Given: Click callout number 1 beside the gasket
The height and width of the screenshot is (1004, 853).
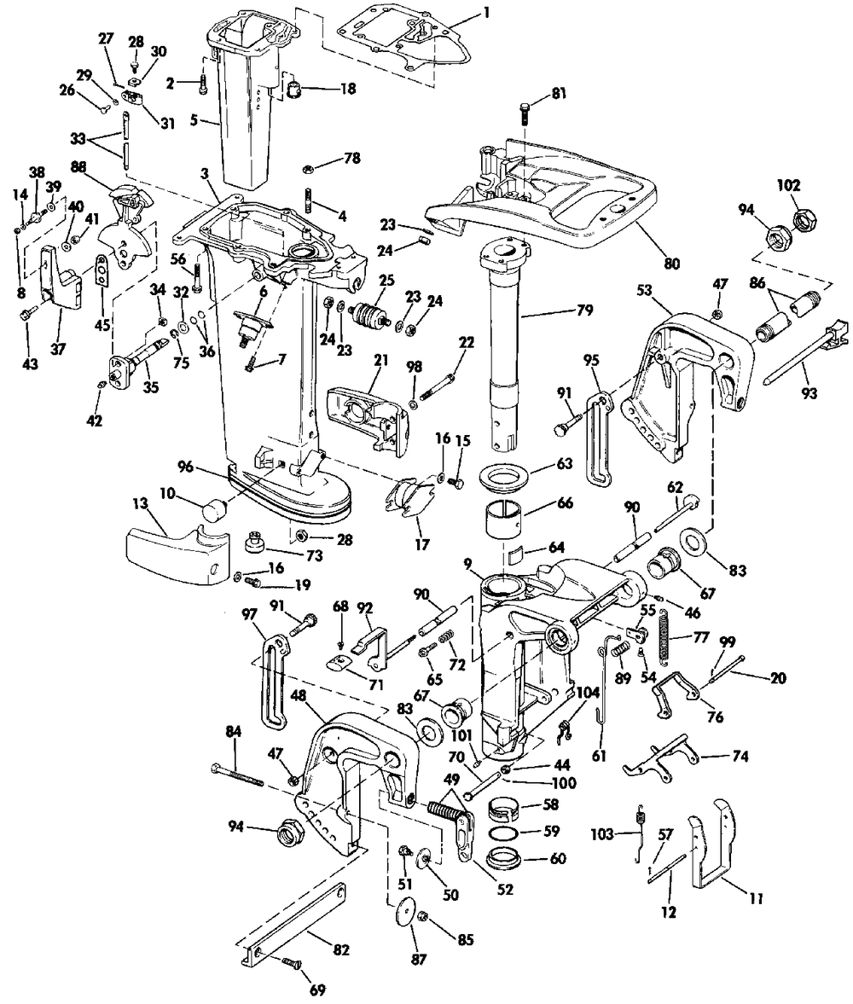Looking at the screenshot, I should point(487,14).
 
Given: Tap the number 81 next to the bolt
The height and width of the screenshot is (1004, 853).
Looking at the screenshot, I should point(558,95).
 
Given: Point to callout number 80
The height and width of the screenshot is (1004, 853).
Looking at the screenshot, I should point(672,263).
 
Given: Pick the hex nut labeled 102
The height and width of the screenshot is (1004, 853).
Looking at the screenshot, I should point(804,220).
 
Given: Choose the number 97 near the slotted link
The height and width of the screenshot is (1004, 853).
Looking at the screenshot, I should point(249,614).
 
